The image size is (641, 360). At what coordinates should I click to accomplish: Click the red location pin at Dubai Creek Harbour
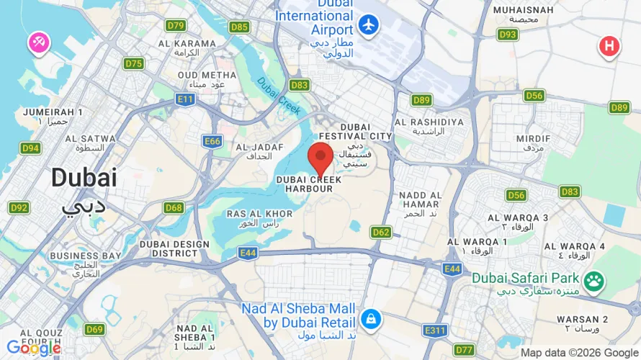point(320,156)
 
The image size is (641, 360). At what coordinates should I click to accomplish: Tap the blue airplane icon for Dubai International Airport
point(369,24)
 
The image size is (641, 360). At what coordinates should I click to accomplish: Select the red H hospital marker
point(609,47)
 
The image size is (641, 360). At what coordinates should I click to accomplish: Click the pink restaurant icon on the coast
point(38,42)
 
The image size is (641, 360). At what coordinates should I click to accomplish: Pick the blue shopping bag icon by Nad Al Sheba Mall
point(371,318)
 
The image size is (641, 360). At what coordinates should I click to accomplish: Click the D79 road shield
point(176,25)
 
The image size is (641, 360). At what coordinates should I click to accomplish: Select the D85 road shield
point(240,27)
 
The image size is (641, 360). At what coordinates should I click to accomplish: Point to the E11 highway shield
point(185,98)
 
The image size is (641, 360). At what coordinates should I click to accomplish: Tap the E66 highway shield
point(212,141)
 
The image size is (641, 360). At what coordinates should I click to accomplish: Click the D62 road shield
point(381,232)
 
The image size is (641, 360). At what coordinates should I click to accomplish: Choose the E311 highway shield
point(436,330)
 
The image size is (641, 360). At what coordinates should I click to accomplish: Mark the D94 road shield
point(30,148)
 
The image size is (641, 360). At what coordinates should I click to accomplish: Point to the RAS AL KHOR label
point(259,214)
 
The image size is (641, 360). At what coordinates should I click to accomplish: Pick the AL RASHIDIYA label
point(429,122)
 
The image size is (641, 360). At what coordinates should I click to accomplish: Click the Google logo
point(33,348)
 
